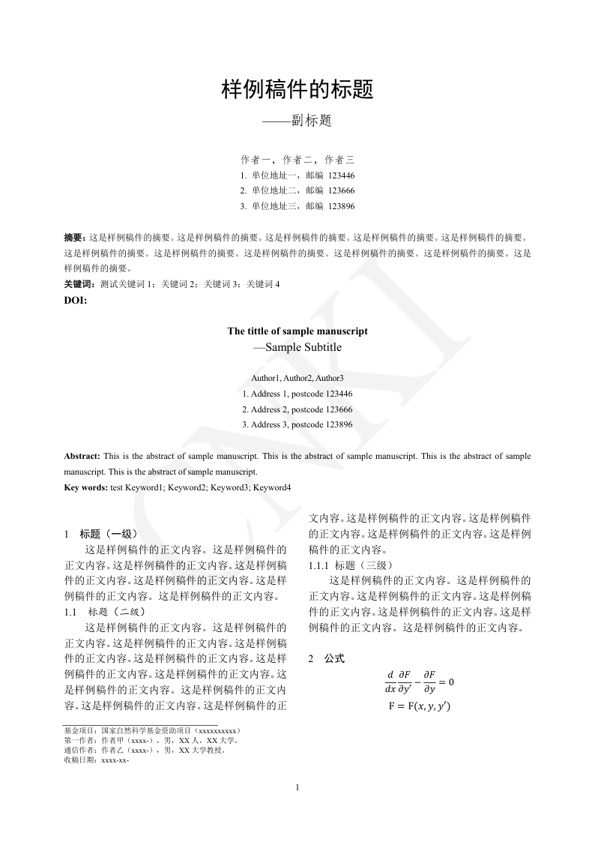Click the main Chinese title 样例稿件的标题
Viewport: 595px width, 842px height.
point(297,91)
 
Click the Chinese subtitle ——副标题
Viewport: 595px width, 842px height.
point(297,121)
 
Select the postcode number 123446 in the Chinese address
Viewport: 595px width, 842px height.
point(341,175)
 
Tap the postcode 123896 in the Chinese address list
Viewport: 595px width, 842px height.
point(341,205)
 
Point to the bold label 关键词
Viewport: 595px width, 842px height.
point(79,284)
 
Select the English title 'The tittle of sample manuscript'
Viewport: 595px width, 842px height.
point(297,331)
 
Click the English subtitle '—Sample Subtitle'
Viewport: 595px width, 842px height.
point(297,347)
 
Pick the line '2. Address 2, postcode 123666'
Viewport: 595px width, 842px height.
point(297,409)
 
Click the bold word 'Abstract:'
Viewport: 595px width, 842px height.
point(82,456)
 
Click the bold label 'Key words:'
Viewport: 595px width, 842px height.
point(86,487)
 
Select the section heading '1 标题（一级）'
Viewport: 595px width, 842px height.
point(101,534)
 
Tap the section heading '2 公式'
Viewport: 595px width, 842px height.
point(327,658)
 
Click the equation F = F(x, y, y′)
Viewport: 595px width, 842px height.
point(419,706)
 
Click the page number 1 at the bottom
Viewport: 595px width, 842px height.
point(297,787)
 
